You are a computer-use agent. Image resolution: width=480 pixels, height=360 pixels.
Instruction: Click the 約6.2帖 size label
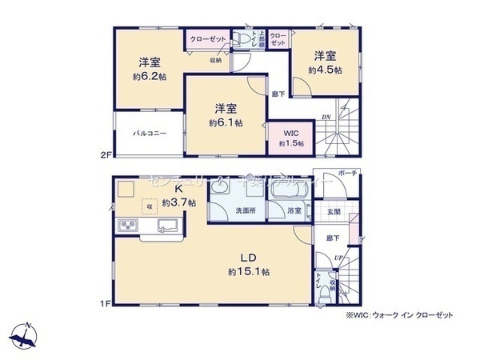[x=150, y=77]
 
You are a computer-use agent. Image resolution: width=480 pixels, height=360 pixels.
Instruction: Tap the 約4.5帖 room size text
[x=326, y=70]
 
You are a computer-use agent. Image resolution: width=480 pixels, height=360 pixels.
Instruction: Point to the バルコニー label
[x=150, y=134]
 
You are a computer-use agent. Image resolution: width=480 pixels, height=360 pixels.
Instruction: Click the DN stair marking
[x=326, y=117]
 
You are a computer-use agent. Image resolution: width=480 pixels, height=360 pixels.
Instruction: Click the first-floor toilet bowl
[x=322, y=295]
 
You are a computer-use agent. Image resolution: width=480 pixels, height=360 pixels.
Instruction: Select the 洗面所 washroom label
[x=245, y=211]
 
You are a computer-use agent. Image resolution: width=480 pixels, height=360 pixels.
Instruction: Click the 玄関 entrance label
[x=334, y=211]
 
